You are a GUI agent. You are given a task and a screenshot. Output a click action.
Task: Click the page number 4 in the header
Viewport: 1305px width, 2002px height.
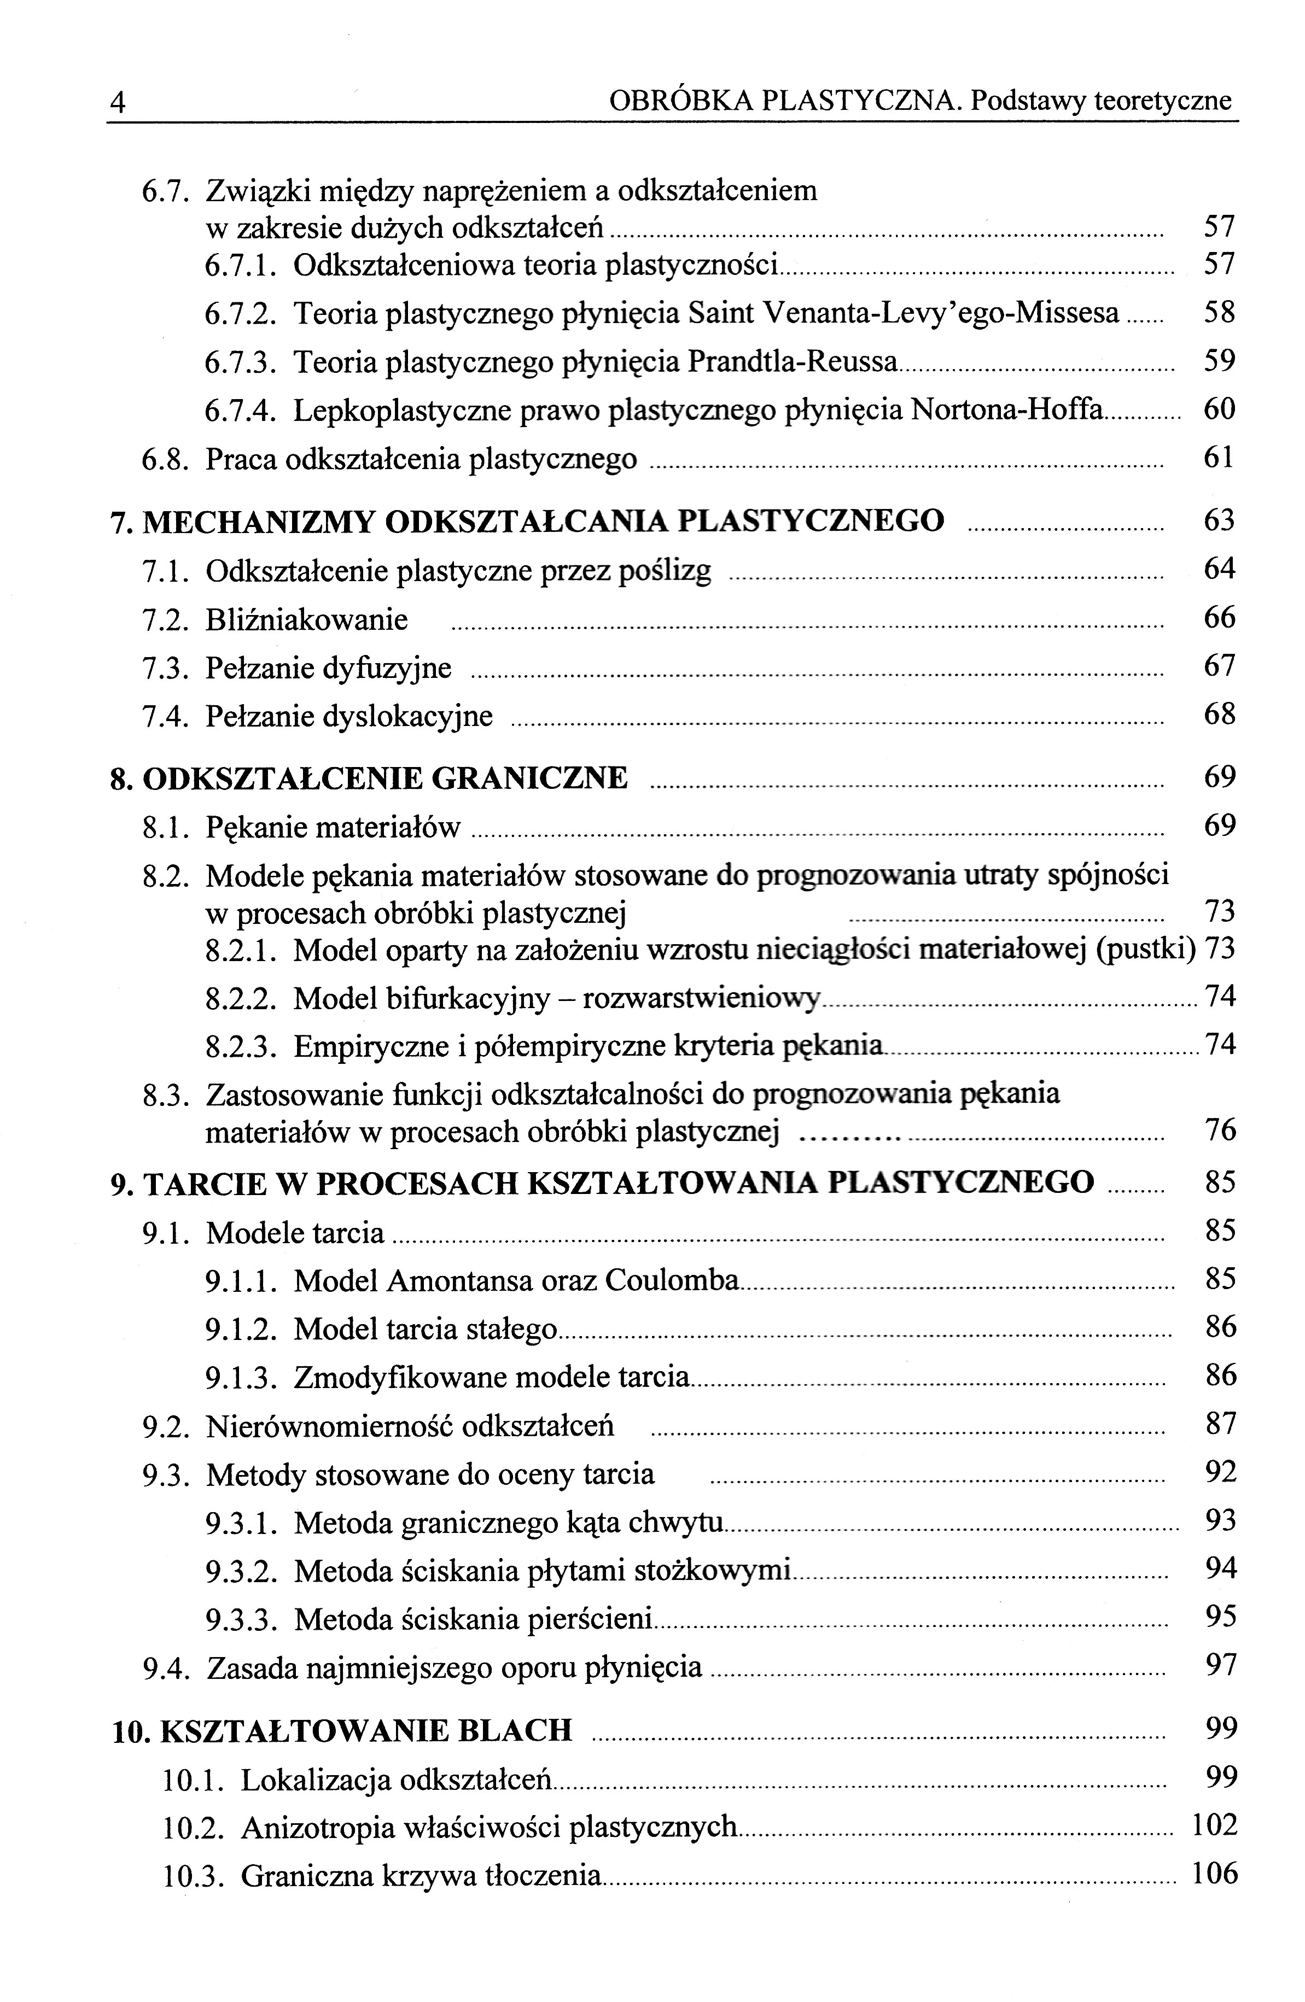118,103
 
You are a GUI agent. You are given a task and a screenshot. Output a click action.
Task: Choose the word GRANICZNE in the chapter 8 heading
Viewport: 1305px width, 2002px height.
529,777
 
